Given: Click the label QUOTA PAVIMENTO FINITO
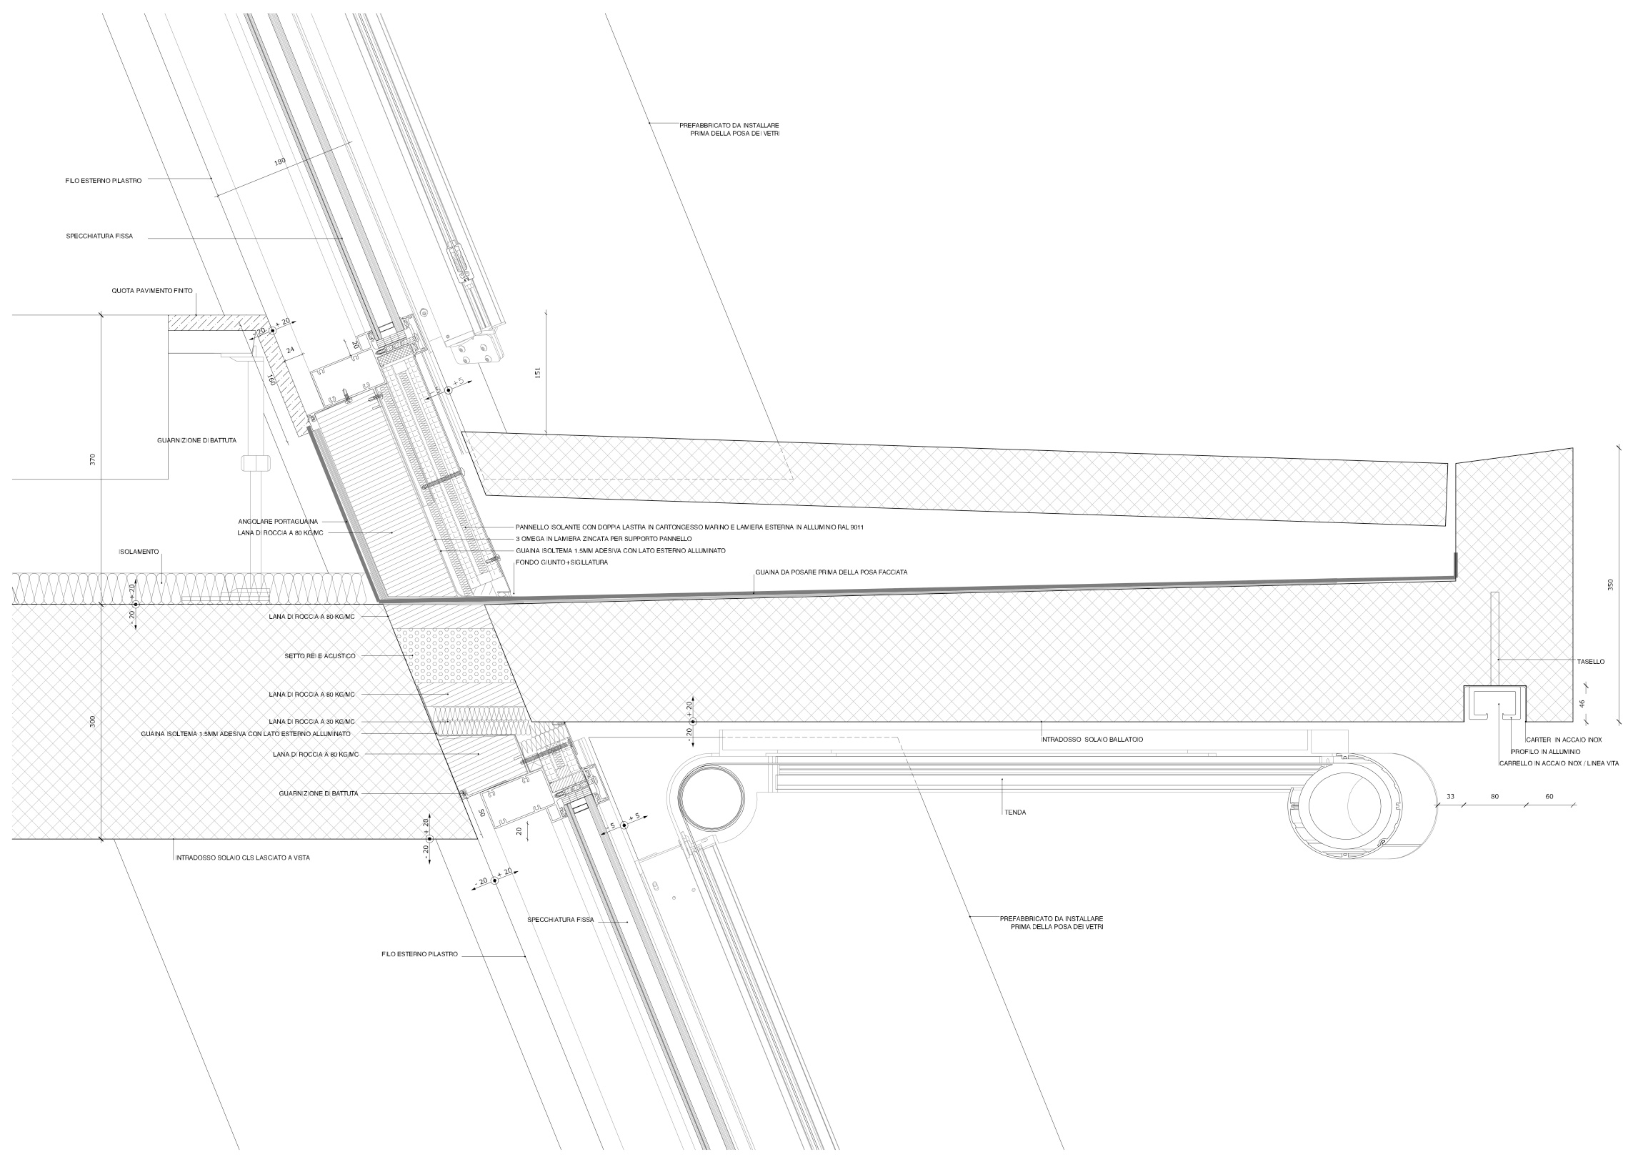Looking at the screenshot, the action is [151, 292].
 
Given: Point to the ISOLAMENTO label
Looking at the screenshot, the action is [139, 552].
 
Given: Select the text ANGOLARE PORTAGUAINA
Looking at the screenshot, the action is [278, 522].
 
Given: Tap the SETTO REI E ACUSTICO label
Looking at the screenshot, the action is [320, 656].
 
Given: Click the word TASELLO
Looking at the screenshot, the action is [1590, 662].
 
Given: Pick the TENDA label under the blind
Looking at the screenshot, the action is [1015, 813].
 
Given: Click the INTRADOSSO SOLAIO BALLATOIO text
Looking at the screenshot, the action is [1092, 739].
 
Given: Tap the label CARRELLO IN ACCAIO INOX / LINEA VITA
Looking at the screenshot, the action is [1559, 764].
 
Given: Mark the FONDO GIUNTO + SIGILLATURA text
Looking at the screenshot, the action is [561, 562].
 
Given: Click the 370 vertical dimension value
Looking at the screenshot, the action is [92, 460].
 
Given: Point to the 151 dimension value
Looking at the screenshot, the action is [537, 372].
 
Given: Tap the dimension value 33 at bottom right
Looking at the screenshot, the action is [1451, 796].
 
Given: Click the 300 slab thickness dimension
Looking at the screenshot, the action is [92, 722].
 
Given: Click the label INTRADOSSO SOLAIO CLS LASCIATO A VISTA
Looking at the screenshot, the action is [243, 858].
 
